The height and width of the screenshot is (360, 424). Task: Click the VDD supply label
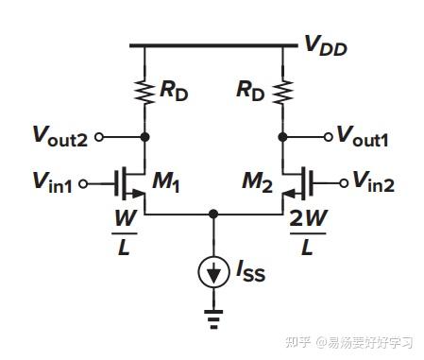pos(323,44)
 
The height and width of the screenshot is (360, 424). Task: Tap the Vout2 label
pos(62,137)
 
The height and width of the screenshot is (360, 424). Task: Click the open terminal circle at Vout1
pos(328,137)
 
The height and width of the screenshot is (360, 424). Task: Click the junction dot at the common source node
pos(213,214)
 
